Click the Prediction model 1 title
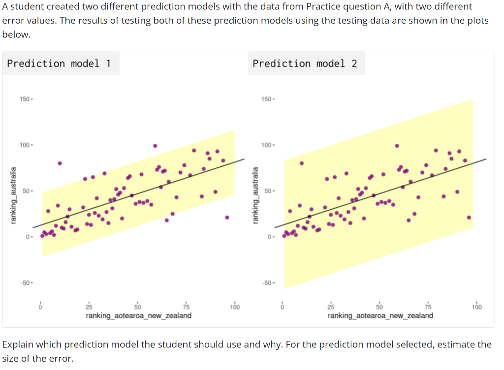pyautogui.click(x=59, y=63)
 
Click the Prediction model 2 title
pyautogui.click(x=305, y=63)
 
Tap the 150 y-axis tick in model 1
pyautogui.click(x=25, y=99)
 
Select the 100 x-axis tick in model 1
pyautogui.click(x=235, y=307)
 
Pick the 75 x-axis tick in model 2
pyautogui.click(x=428, y=307)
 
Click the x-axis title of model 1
pyautogui.click(x=138, y=315)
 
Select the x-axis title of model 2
pyautogui.click(x=380, y=315)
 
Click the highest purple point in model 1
pyautogui.click(x=155, y=146)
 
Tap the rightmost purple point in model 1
pyautogui.click(x=227, y=217)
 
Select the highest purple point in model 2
pyautogui.click(x=397, y=146)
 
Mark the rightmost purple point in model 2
pyautogui.click(x=469, y=217)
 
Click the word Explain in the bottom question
pyautogui.click(x=18, y=344)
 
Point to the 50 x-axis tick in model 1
pyautogui.click(x=138, y=307)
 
